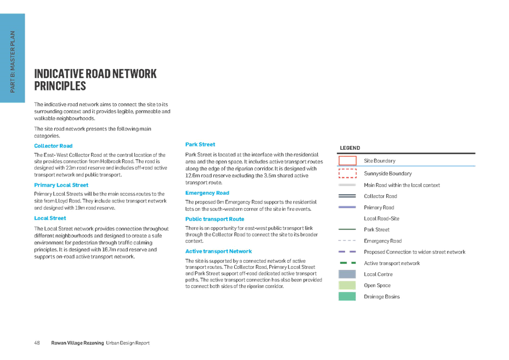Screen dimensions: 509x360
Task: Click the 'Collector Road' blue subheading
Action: click(53, 146)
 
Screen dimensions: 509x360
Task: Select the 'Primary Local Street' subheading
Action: click(61, 185)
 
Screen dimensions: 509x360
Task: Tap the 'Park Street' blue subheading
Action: click(200, 144)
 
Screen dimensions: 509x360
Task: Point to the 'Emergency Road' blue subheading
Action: click(207, 193)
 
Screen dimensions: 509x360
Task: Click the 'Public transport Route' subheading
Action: click(214, 219)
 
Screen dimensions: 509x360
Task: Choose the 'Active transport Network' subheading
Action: click(218, 251)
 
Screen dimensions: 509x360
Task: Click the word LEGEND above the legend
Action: click(350, 148)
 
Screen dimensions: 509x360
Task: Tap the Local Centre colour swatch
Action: click(347, 274)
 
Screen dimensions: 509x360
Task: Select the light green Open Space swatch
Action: click(347, 285)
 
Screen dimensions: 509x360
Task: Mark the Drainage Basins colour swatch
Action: click(347, 296)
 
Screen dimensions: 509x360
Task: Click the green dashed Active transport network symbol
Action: click(348, 263)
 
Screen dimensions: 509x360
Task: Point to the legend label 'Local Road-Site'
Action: click(381, 218)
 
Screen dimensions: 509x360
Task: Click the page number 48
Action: click(37, 343)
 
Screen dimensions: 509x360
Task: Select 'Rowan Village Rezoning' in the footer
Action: click(77, 343)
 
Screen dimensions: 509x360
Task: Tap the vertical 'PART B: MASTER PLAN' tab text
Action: click(13, 61)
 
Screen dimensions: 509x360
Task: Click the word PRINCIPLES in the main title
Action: click(60, 86)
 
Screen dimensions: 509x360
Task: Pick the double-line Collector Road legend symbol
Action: click(347, 196)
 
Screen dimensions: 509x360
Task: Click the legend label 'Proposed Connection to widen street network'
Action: click(415, 252)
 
